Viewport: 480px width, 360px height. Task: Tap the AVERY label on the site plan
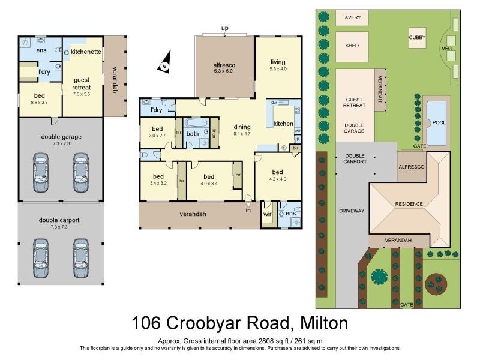point(353,17)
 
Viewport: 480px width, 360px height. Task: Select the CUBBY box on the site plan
point(418,38)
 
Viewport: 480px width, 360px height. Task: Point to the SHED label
point(352,44)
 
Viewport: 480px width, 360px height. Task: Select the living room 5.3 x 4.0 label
point(278,65)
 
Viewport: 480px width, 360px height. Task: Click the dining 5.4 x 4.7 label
point(242,130)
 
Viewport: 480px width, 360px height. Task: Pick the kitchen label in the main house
point(283,124)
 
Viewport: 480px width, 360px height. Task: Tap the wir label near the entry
point(267,213)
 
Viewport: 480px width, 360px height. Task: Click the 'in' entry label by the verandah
point(248,210)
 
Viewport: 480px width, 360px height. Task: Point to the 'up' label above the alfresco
point(225,28)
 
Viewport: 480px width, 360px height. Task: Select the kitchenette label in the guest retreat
point(85,53)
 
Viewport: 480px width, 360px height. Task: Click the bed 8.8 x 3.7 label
point(40,99)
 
